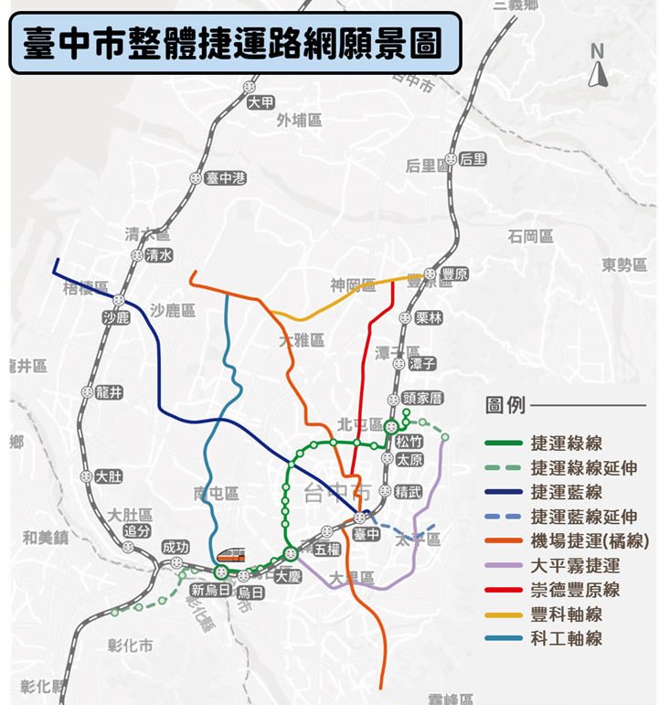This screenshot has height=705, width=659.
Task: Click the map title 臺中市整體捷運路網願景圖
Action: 232,43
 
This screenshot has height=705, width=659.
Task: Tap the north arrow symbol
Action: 598,68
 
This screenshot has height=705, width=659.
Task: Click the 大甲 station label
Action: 260,102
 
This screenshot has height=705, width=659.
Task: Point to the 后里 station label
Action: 473,159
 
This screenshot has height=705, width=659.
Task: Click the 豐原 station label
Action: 454,274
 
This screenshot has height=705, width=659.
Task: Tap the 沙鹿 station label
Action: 116,317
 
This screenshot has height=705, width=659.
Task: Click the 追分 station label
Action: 137,530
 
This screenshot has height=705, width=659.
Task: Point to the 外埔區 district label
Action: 299,120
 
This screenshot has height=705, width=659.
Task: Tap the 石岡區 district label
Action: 531,237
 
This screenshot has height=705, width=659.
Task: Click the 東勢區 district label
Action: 624,265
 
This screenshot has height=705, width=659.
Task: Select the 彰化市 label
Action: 130,646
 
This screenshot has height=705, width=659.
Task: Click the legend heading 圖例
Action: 505,404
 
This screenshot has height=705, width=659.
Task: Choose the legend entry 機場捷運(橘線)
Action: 589,541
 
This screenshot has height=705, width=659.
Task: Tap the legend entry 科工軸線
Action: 566,638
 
